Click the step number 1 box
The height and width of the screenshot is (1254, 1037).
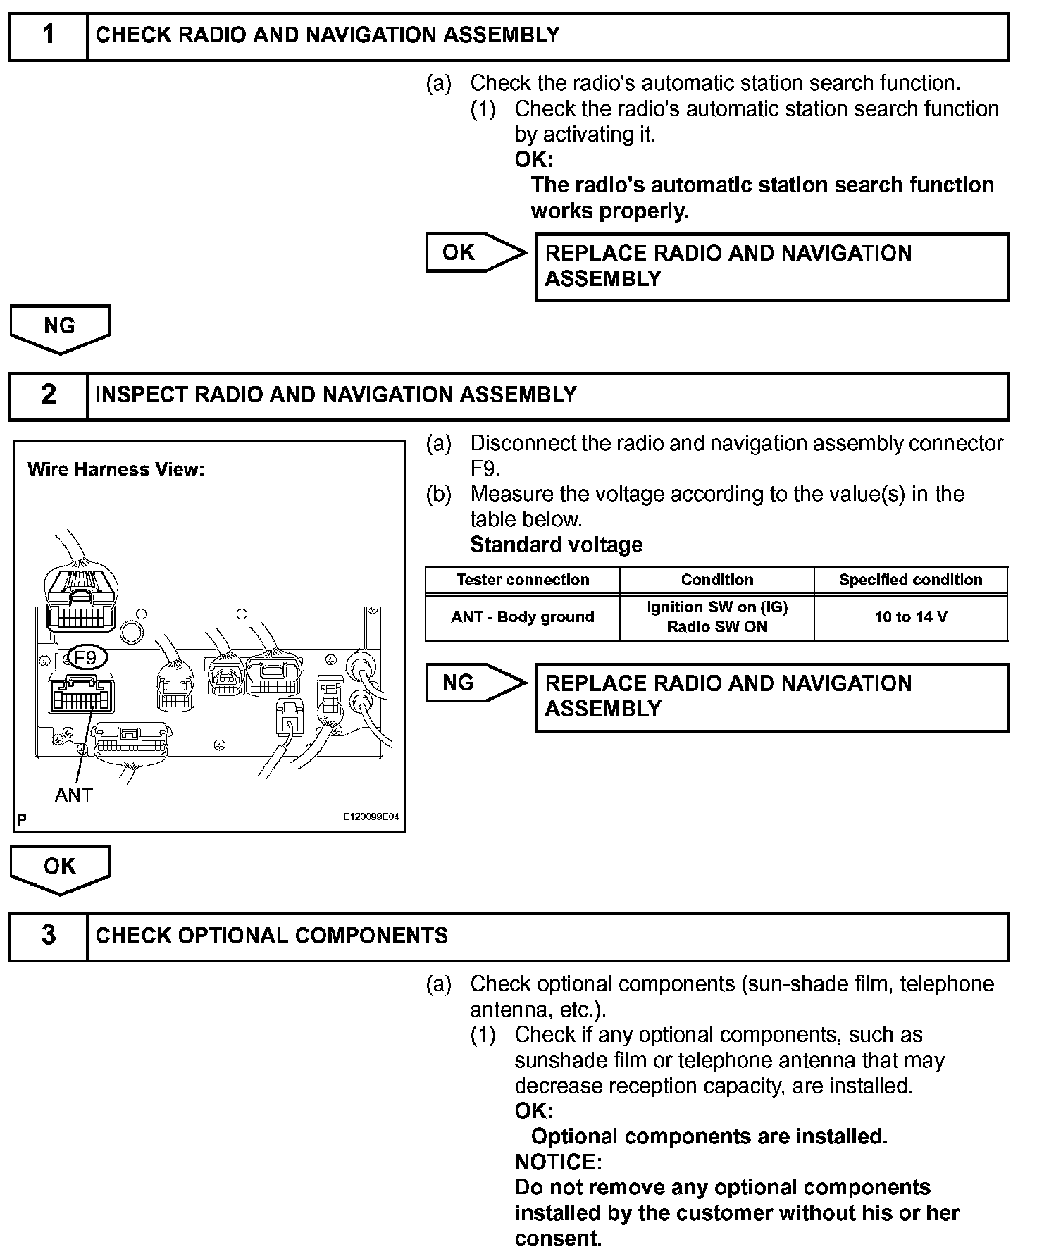click(48, 35)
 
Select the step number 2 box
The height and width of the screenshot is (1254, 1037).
click(48, 395)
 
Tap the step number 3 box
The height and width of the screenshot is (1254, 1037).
click(48, 936)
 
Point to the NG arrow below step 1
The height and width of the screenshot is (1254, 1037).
click(60, 328)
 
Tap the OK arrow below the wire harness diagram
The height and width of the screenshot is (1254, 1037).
click(60, 869)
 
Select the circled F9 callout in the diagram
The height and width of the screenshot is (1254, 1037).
click(85, 658)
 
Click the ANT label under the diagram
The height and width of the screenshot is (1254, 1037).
click(74, 795)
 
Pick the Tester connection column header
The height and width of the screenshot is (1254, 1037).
click(522, 580)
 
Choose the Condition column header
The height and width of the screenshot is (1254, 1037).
click(716, 580)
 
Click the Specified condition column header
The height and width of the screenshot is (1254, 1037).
click(910, 580)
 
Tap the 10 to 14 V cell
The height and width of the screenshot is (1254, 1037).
click(910, 617)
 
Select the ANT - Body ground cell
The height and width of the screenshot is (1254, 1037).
click(522, 617)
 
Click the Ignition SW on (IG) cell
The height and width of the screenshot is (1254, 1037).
click(716, 616)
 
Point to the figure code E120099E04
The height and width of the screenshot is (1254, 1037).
click(371, 817)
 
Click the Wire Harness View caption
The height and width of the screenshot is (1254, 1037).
click(116, 469)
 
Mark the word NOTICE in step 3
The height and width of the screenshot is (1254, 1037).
click(558, 1162)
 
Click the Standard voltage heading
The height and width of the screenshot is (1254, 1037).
click(556, 545)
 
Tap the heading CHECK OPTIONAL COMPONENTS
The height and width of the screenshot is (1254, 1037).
click(272, 936)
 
